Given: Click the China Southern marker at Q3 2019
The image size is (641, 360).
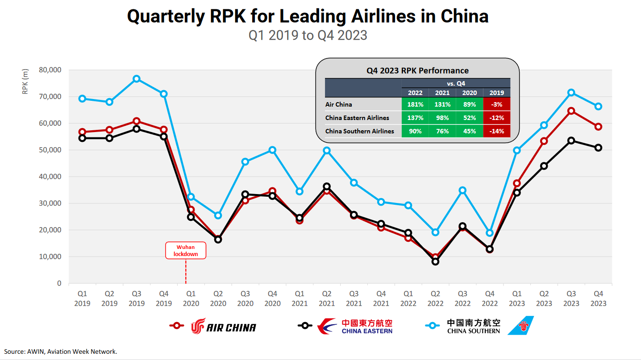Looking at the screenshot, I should [x=137, y=79].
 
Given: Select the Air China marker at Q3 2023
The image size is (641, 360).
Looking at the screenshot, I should [x=571, y=111].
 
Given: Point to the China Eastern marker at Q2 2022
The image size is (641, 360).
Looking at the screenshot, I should [x=435, y=261].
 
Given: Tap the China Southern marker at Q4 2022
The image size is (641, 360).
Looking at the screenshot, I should [x=490, y=233].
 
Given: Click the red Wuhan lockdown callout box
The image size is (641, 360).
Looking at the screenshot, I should [x=186, y=250].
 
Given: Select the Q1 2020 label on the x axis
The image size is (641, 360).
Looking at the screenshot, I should [x=191, y=298].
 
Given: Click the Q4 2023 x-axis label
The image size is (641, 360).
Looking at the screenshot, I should [x=598, y=298].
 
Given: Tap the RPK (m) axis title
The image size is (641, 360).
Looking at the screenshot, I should [x=25, y=81].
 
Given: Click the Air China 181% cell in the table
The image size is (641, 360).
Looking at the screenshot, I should [x=415, y=104].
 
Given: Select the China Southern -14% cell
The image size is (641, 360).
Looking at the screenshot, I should [x=496, y=131].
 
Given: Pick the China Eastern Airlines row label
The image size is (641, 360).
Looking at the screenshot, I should [x=357, y=118].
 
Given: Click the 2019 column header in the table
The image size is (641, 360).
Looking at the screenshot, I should [x=496, y=93].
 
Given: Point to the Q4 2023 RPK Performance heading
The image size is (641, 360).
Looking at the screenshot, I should [x=417, y=70].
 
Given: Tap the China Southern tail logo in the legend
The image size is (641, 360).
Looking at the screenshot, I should [x=520, y=326].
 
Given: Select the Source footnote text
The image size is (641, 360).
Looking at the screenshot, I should [x=61, y=352].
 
